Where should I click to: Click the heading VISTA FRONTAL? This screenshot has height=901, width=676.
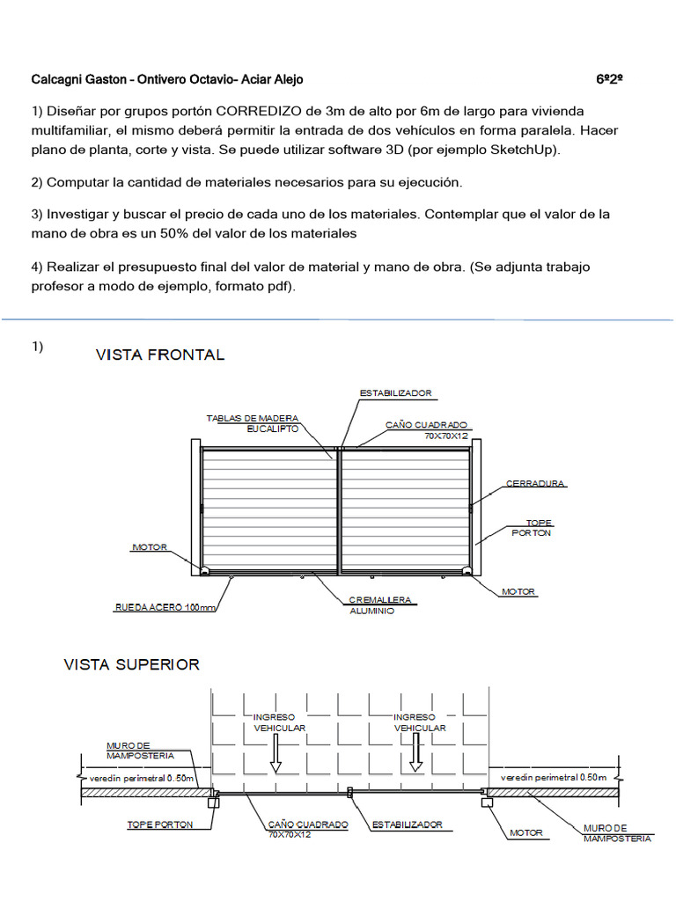pos(159,355)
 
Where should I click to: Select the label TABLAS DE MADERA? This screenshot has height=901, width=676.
pos(253,417)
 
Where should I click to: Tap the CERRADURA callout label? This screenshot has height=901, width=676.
pos(535,483)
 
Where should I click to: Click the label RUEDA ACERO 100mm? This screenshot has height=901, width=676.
pos(165,606)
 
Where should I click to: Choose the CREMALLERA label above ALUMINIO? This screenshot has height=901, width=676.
pos(380,600)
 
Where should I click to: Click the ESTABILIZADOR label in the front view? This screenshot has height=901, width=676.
pos(395,392)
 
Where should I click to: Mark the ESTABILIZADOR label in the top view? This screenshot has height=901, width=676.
pos(407,825)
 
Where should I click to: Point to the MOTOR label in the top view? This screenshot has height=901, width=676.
pos(526,831)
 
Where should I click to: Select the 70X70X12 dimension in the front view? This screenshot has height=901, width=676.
pos(445,435)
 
